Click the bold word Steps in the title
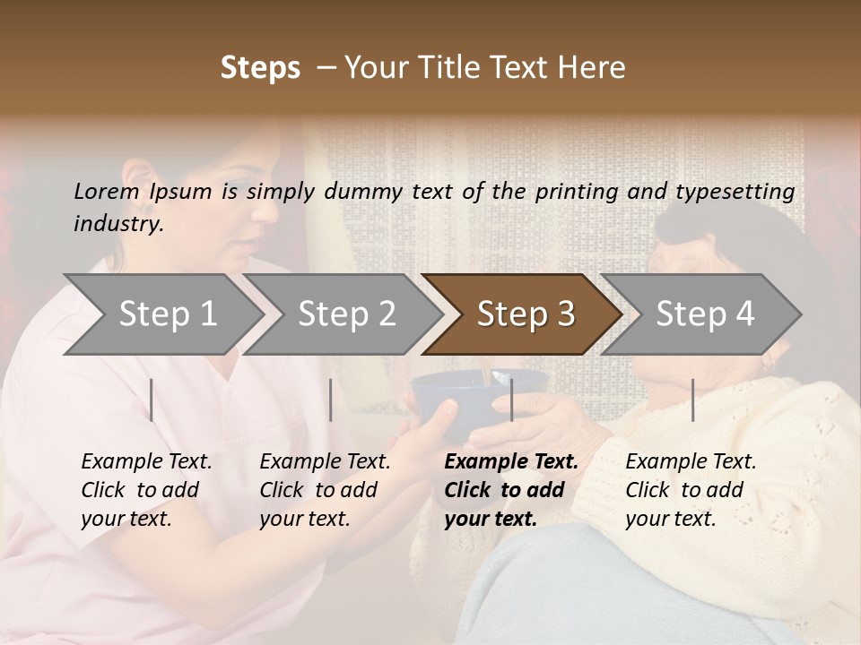[x=260, y=68]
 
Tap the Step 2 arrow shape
[x=344, y=314]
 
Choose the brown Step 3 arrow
[x=524, y=314]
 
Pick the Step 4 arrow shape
[x=703, y=314]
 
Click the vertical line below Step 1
[x=152, y=400]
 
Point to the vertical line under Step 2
[x=331, y=400]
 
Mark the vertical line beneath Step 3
[x=512, y=400]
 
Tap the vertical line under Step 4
[x=693, y=400]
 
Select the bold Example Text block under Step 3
[x=509, y=490]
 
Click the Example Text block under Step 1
[x=145, y=490]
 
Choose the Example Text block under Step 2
[x=324, y=490]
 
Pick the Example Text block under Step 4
[x=690, y=490]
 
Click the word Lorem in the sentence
[x=106, y=191]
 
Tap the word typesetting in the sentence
[x=742, y=192]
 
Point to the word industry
[x=118, y=224]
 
